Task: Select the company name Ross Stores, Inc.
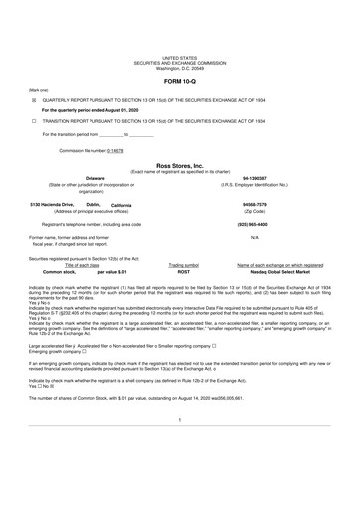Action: (x=180, y=166)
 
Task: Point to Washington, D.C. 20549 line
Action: (x=180, y=68)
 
